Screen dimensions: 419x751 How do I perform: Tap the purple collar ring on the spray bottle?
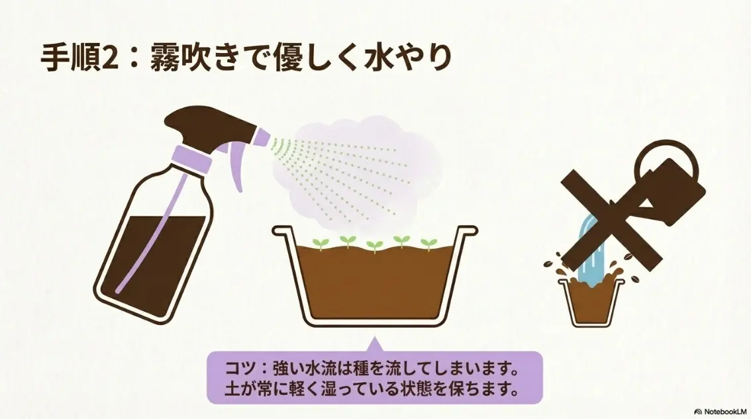191,158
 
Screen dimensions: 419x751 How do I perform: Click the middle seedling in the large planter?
374,245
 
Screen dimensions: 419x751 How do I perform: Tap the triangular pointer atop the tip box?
374,344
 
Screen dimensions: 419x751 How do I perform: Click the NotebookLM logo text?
723,411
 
